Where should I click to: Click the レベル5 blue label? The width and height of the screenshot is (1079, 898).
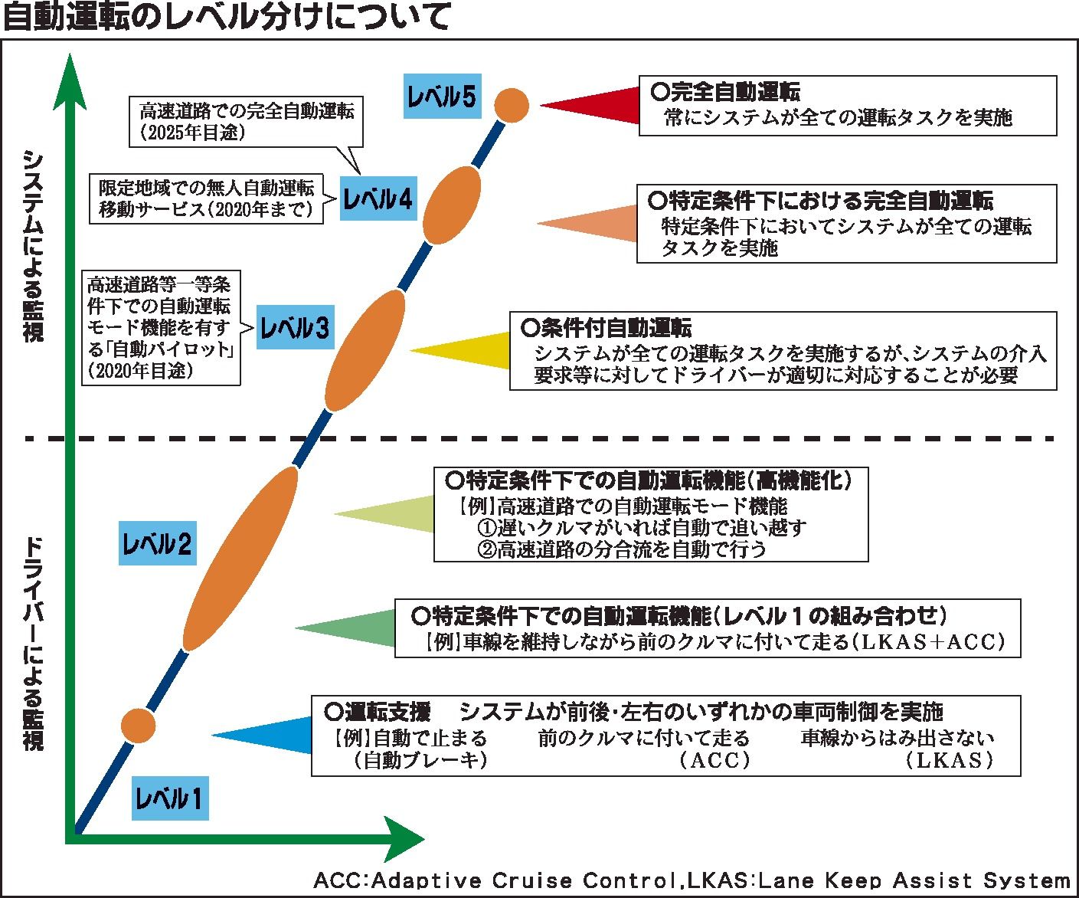pos(442,97)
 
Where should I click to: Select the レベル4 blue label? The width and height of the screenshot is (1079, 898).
pos(378,200)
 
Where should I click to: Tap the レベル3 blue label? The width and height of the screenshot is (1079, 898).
pos(295,328)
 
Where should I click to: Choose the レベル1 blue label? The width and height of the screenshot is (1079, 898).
pos(169,799)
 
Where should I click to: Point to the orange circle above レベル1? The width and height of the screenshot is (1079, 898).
pos(139,725)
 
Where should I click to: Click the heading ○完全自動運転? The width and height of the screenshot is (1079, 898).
pos(724,93)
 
